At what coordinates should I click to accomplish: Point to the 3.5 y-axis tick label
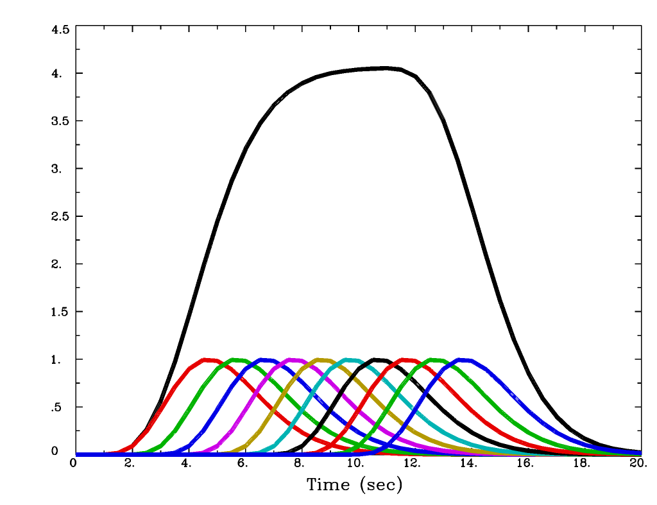click(60, 121)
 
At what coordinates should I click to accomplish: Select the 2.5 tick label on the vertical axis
click(60, 216)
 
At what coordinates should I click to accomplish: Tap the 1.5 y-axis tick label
click(60, 312)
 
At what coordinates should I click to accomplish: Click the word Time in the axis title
click(328, 484)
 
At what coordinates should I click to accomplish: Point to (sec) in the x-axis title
click(380, 484)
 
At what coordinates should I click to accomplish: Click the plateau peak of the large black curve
click(385, 67)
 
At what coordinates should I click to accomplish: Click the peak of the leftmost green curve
click(237, 360)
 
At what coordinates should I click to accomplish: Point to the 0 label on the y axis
click(55, 451)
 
